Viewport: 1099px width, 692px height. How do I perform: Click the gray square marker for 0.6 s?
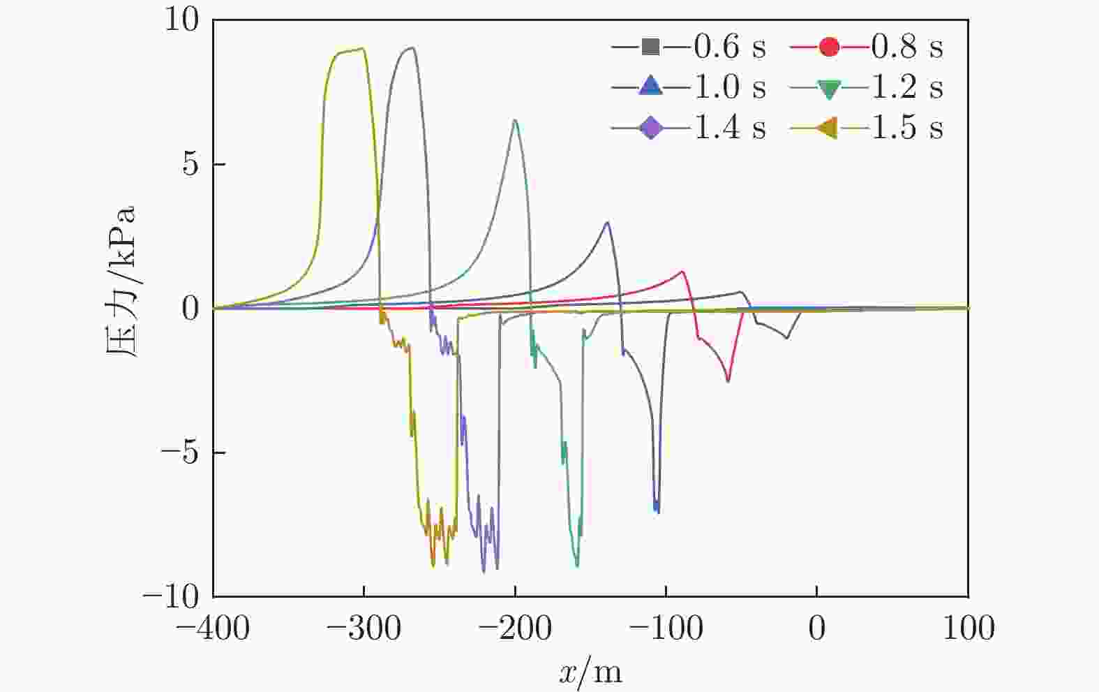point(650,47)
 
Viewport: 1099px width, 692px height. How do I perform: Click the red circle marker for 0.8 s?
point(829,47)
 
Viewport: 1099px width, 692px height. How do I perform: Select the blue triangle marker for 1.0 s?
point(650,87)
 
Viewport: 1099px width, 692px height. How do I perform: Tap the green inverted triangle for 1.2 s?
point(829,89)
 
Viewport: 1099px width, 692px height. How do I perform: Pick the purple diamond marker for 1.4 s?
point(650,128)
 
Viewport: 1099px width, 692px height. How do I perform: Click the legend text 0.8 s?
point(907,47)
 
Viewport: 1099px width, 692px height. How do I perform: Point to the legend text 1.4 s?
point(730,128)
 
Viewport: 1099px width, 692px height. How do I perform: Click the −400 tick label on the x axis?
point(213,628)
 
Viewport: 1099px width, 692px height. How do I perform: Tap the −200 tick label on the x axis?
point(515,628)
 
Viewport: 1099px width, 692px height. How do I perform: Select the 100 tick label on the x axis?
point(968,628)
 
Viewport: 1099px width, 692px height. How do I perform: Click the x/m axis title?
point(590,672)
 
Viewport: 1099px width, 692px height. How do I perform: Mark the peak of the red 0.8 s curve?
point(682,271)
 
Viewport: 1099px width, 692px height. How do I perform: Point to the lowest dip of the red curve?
point(728,381)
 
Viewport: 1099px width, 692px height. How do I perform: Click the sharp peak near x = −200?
point(515,120)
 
